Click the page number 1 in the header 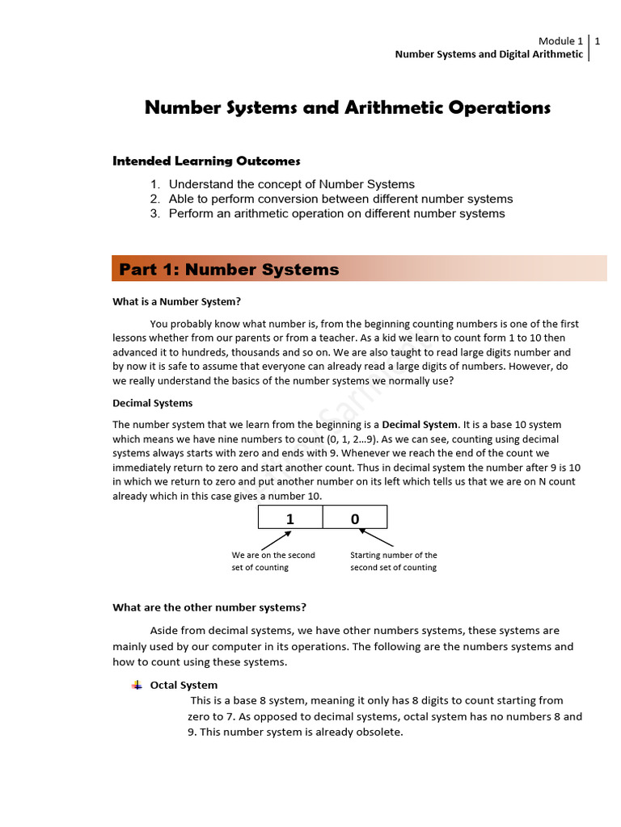click(x=597, y=41)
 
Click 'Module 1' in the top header click(x=560, y=41)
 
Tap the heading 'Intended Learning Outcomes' click(x=206, y=162)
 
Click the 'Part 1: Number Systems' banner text click(x=229, y=270)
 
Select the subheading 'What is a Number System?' click(x=176, y=302)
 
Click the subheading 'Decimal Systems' click(x=152, y=403)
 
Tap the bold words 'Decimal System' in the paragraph click(x=420, y=424)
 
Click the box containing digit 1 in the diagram click(x=290, y=518)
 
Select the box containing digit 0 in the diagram click(x=355, y=518)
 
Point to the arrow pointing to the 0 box click(x=377, y=538)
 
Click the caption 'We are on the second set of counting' click(x=273, y=561)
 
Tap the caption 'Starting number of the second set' click(x=394, y=561)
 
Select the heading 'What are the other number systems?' click(x=209, y=607)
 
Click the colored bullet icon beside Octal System click(x=137, y=685)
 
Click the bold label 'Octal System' click(x=184, y=685)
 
